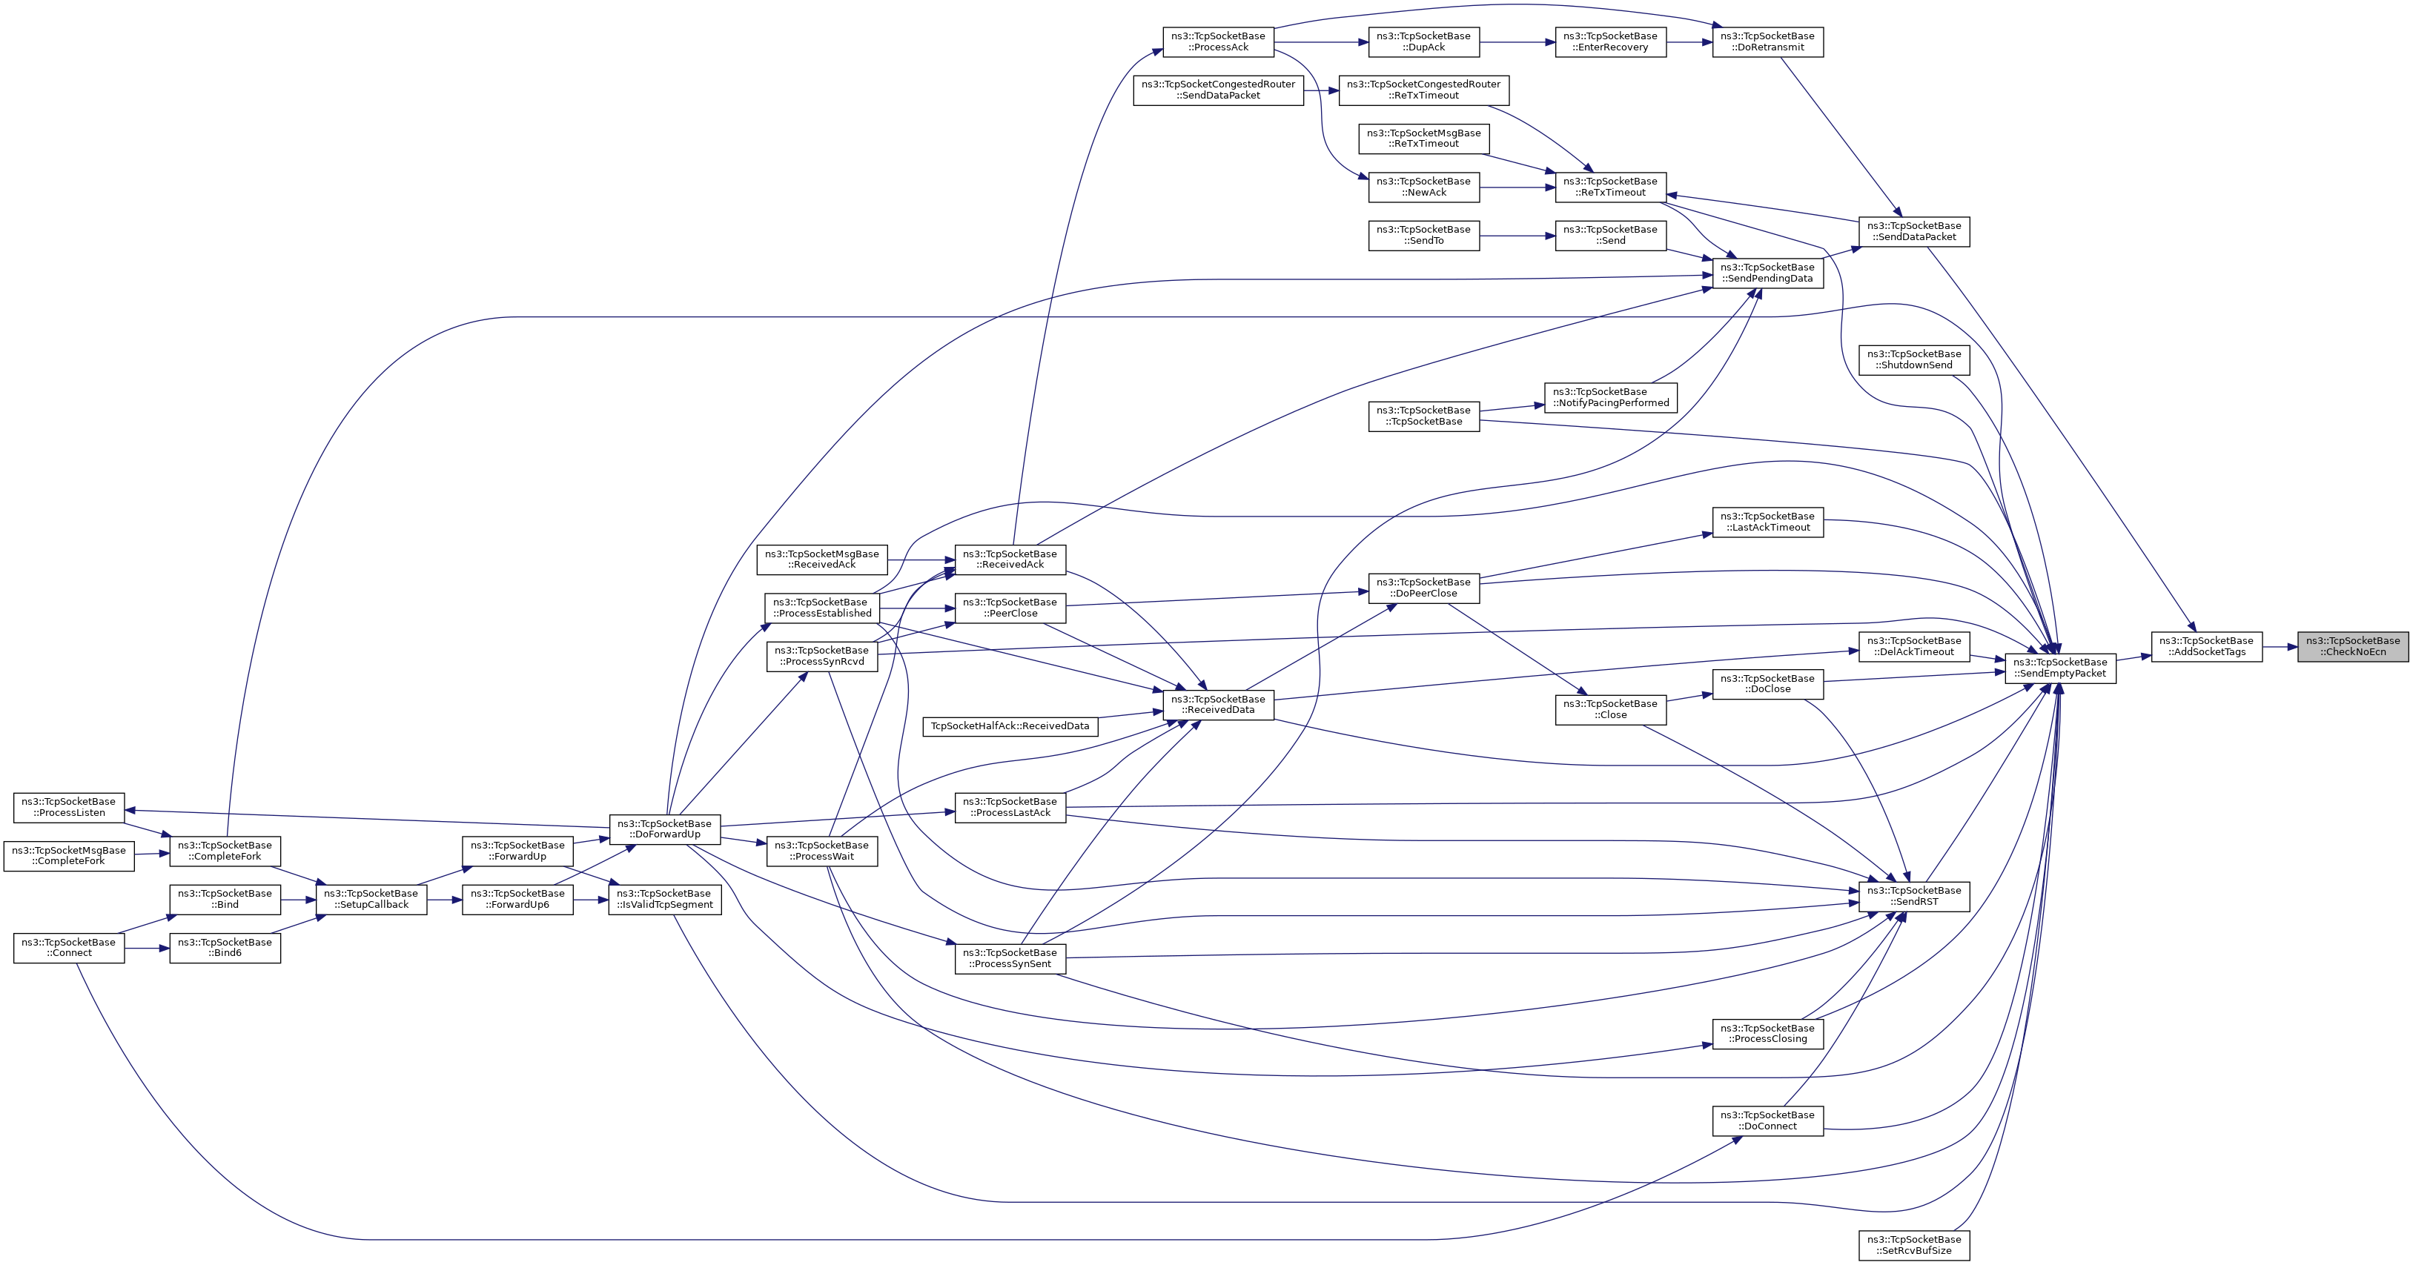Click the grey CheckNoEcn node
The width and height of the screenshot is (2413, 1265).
2351,646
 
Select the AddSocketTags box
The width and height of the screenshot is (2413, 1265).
2206,646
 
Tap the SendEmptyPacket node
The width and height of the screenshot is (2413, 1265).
2060,668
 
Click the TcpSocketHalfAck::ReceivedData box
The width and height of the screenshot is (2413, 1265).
1010,726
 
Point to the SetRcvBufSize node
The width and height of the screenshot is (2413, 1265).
1914,1244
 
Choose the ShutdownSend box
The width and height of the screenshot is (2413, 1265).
1914,359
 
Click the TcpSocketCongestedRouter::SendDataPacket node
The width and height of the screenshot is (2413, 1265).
1218,90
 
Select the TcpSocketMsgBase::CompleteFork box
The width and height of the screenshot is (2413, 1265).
68,856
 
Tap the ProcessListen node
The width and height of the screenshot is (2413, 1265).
68,807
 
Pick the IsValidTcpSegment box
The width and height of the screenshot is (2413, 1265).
665,899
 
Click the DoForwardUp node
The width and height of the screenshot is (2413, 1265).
665,829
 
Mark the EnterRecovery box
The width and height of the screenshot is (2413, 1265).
1610,42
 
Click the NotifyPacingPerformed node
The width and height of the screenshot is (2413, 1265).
1610,397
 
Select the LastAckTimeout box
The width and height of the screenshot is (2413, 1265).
1767,522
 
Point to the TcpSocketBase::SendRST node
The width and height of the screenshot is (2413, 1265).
1914,896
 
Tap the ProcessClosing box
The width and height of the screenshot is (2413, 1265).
1767,1033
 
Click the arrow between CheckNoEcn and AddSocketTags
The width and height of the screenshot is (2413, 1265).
2279,647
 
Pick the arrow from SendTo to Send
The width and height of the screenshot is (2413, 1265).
1517,236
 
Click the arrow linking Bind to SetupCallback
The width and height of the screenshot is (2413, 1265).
298,900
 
